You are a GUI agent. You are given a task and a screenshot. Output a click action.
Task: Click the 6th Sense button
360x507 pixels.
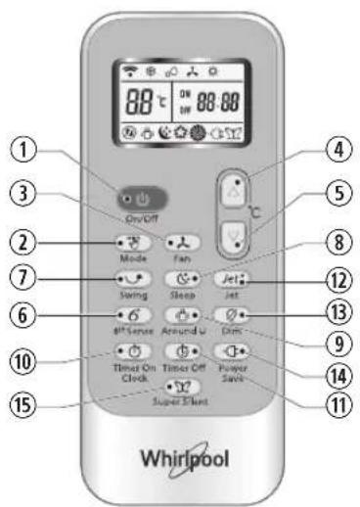point(132,315)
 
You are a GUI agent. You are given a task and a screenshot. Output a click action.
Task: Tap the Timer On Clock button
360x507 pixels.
point(132,350)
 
